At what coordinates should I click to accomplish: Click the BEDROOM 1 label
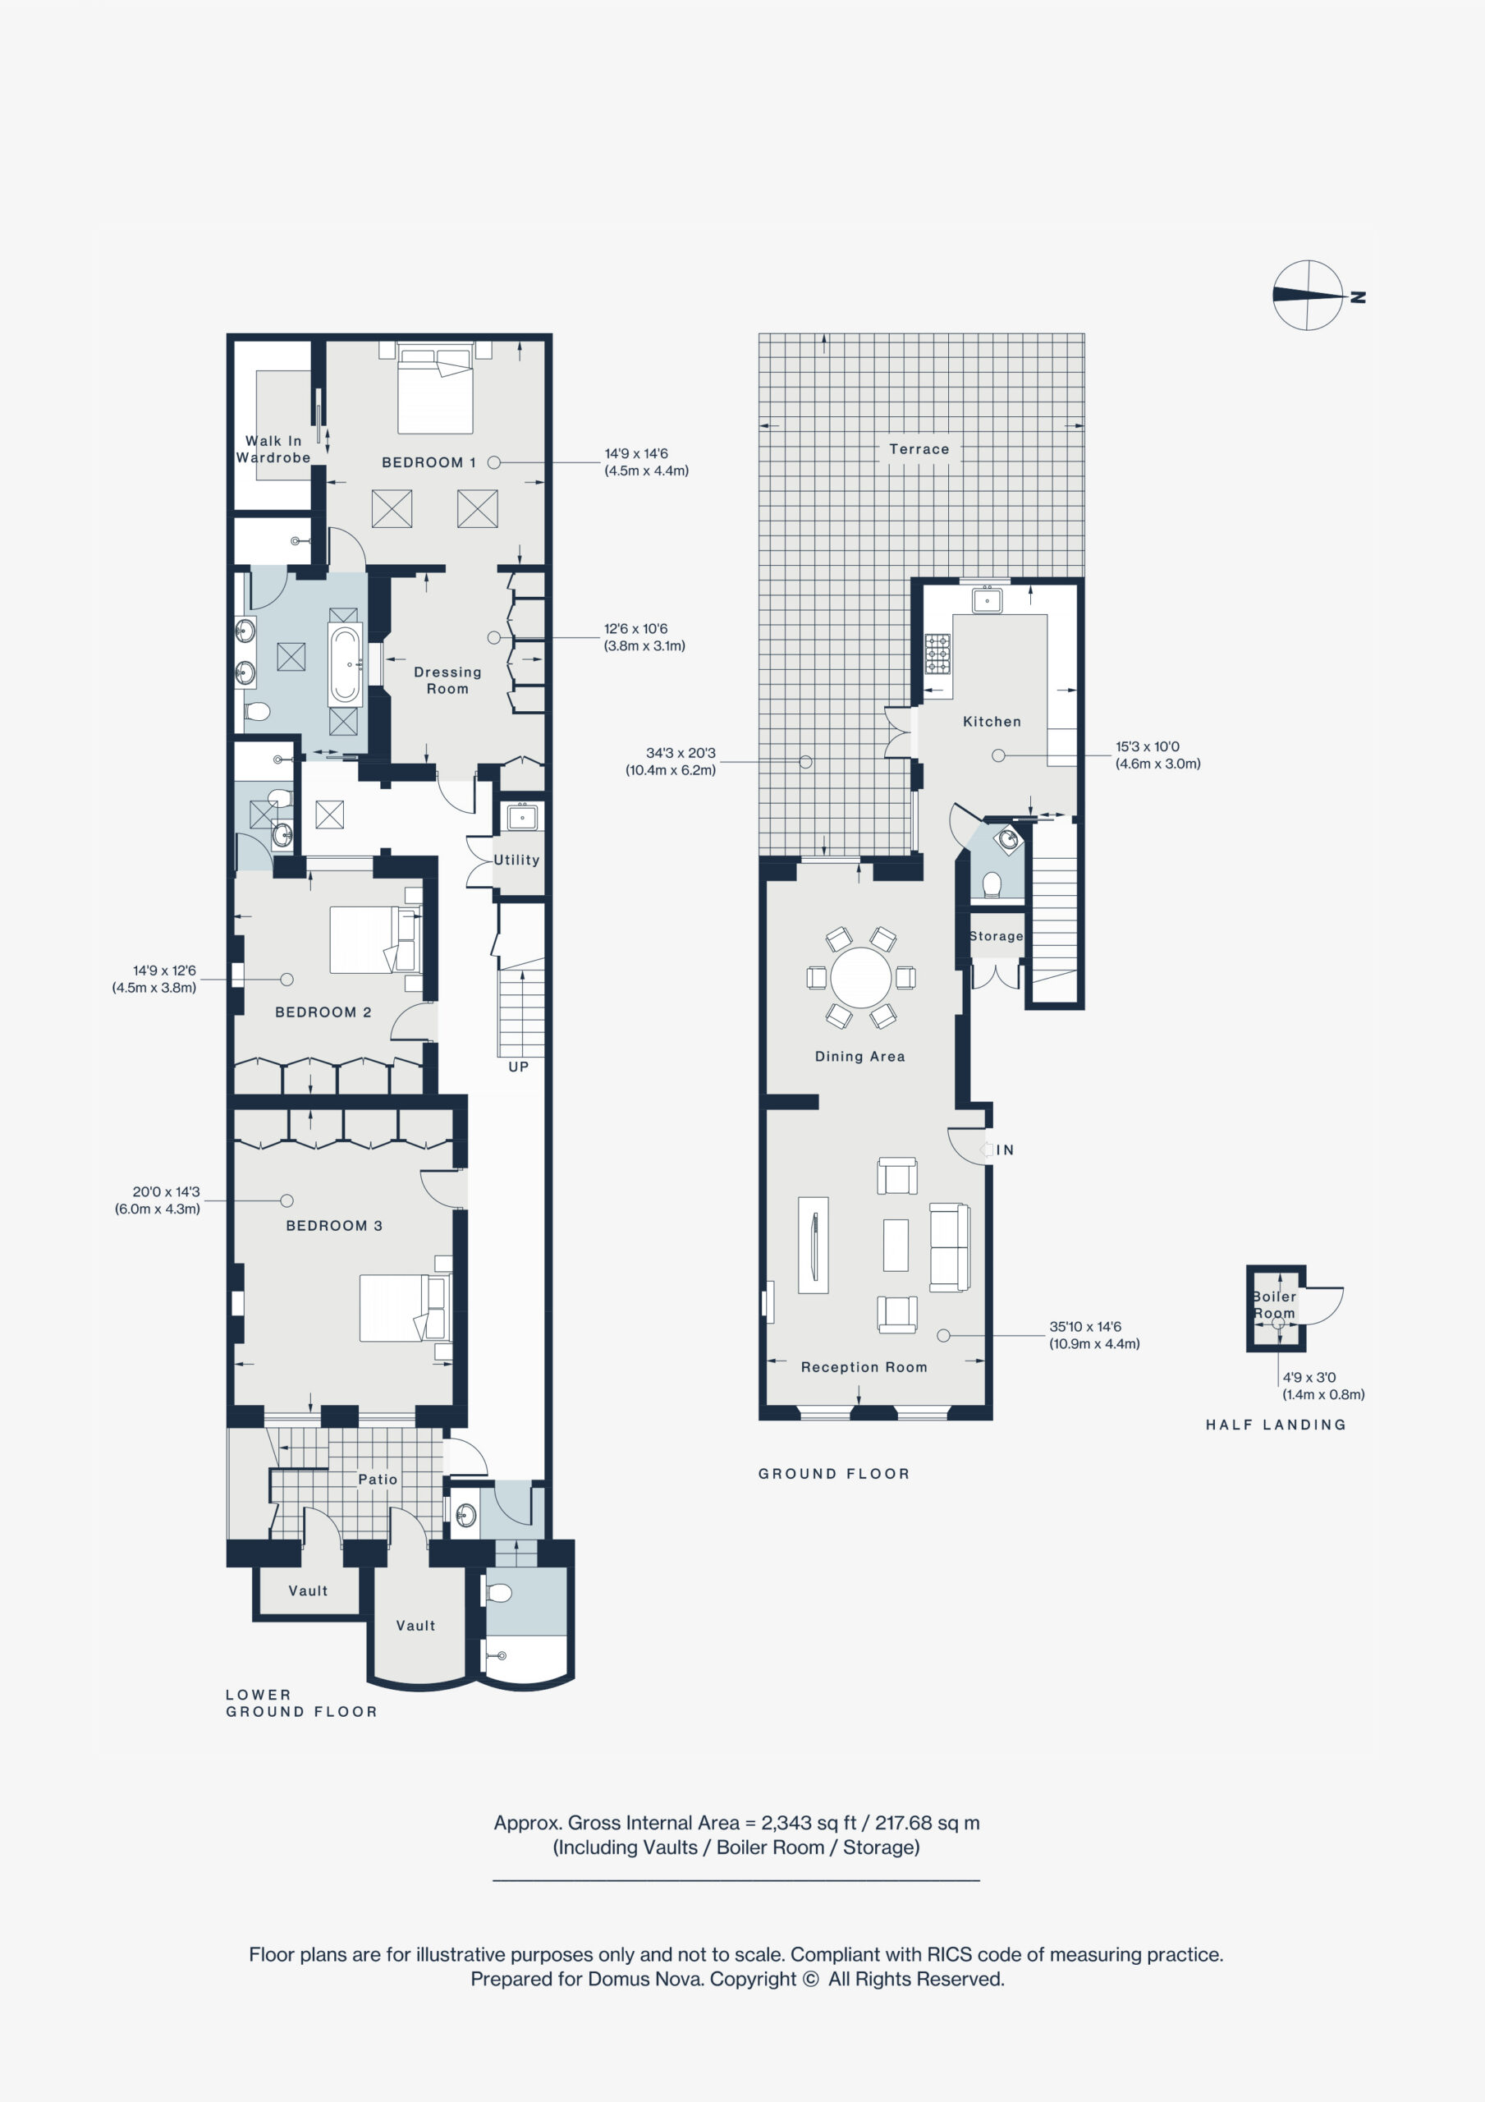click(x=429, y=462)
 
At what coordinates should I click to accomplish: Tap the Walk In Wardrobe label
click(x=273, y=449)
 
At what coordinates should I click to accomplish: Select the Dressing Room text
click(x=447, y=680)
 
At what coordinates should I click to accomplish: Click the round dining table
click(x=860, y=978)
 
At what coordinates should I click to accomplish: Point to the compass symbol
click(x=1309, y=295)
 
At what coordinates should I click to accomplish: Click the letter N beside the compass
click(x=1359, y=296)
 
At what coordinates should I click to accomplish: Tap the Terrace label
click(x=919, y=449)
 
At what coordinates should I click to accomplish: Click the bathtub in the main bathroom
click(x=345, y=663)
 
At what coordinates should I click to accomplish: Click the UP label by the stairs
click(x=518, y=1067)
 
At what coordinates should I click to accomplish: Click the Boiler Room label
click(x=1274, y=1305)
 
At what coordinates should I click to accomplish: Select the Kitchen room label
click(x=992, y=722)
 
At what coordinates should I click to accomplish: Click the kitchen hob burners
click(x=937, y=654)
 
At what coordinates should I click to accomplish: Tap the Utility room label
click(x=516, y=860)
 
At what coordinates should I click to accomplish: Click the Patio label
click(x=377, y=1480)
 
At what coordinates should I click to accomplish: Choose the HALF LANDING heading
click(x=1276, y=1425)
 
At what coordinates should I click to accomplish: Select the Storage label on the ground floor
click(x=996, y=936)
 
